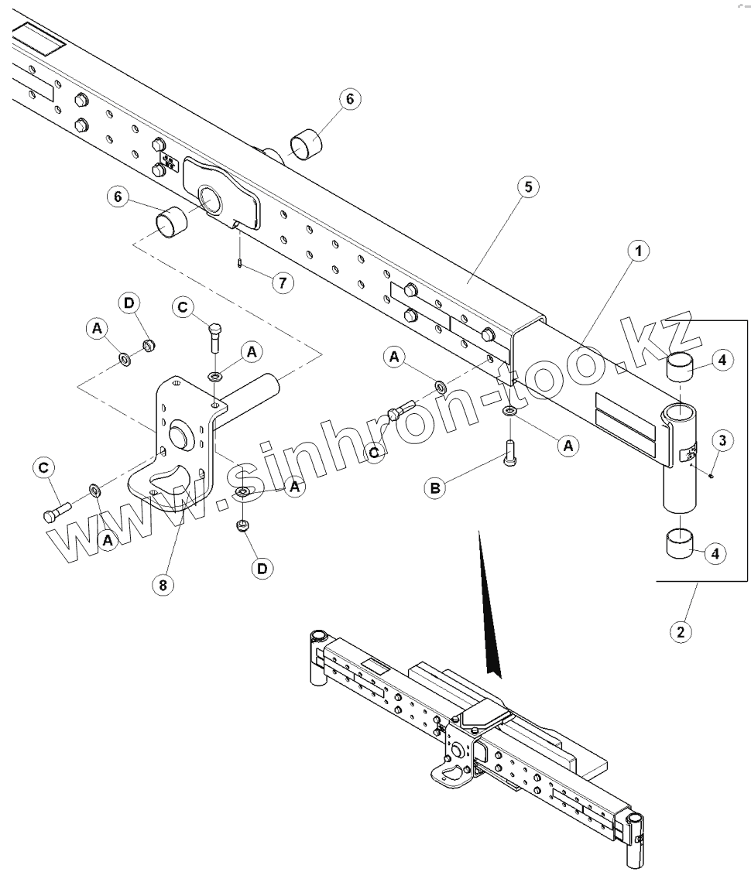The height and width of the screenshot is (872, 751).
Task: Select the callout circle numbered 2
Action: tap(681, 631)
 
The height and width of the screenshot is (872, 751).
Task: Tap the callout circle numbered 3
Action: tap(721, 442)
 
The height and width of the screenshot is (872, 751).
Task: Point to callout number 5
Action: tap(528, 189)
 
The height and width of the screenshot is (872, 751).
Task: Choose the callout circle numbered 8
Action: tap(162, 584)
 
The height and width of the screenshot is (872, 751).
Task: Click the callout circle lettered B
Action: tap(436, 487)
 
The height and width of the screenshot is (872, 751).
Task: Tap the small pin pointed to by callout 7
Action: tap(242, 264)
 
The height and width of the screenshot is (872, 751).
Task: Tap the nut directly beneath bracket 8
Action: tap(242, 526)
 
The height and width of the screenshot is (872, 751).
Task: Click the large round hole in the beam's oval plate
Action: tap(209, 200)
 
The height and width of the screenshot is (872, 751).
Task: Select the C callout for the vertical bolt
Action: tap(183, 308)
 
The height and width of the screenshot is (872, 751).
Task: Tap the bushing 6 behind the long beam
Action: tap(304, 144)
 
